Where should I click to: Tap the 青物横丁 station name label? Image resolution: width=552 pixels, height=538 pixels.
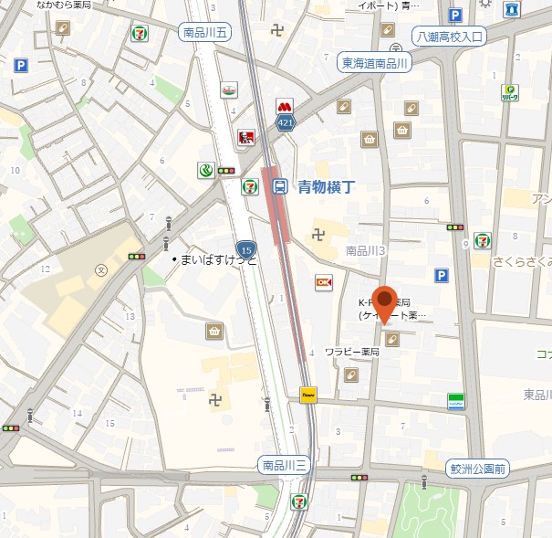click(325, 186)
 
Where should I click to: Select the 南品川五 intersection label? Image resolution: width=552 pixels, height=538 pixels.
click(205, 32)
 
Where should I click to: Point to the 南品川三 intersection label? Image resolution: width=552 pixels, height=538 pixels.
click(284, 464)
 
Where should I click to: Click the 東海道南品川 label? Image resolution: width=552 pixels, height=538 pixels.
click(376, 62)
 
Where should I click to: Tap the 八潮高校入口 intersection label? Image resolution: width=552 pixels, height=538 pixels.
click(449, 37)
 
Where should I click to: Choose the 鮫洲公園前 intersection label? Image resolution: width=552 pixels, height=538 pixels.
click(478, 469)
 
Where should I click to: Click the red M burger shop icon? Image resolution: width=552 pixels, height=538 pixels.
click(286, 105)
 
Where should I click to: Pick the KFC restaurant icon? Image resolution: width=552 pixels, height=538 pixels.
click(245, 138)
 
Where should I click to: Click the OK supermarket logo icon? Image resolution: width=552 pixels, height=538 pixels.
click(323, 283)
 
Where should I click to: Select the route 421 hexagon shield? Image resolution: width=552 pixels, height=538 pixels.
click(286, 121)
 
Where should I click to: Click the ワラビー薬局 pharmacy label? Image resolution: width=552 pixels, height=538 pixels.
click(351, 351)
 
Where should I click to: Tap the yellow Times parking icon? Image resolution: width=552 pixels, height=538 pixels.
click(308, 395)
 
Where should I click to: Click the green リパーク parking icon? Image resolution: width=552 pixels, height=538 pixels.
click(509, 93)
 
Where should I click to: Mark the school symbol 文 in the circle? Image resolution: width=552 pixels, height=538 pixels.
click(101, 270)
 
